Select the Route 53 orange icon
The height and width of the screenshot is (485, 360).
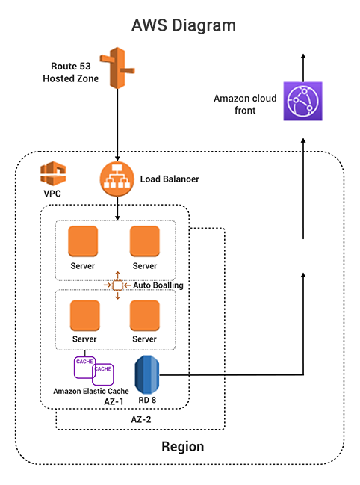point(117,68)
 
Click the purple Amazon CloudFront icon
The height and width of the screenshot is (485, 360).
point(302,100)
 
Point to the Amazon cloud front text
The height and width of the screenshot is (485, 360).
point(245,104)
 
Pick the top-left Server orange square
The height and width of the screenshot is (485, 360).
point(83,242)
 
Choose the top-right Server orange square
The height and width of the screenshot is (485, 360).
point(144,242)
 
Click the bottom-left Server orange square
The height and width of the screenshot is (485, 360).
point(83,315)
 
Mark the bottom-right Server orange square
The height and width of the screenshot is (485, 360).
point(144,315)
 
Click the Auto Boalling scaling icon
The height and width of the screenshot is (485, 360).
point(117,285)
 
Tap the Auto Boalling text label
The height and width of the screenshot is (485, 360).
point(158,285)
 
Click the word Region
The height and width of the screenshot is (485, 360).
point(182,447)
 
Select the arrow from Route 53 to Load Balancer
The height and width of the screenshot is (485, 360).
point(117,127)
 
